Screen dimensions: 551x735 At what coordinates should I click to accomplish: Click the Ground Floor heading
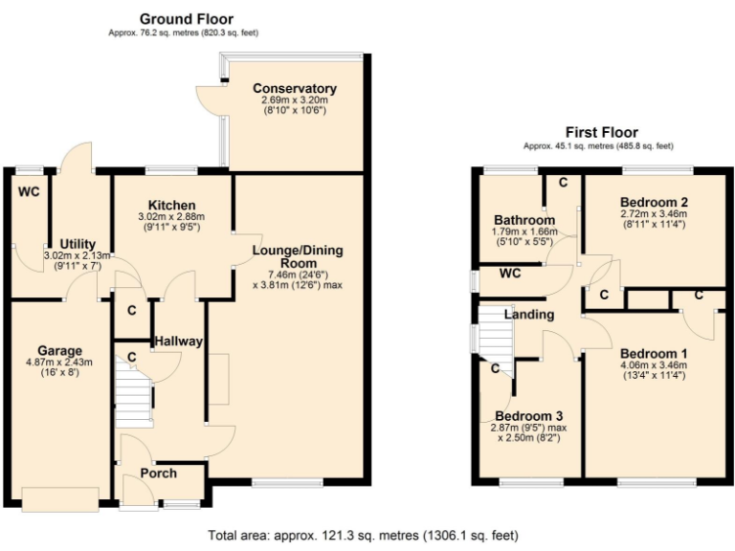click(186, 18)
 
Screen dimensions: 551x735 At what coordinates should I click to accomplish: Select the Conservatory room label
click(295, 89)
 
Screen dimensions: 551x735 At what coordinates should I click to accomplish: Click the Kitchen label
click(172, 206)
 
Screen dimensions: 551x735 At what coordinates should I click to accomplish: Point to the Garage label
click(59, 350)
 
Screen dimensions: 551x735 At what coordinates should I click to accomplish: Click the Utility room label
click(78, 244)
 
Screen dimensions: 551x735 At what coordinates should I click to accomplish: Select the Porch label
click(159, 474)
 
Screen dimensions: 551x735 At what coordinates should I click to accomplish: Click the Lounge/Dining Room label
click(297, 257)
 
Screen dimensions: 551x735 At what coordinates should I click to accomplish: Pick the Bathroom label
click(524, 220)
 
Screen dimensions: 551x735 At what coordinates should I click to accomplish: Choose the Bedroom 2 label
click(654, 202)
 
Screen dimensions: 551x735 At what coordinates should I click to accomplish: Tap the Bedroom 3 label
click(527, 416)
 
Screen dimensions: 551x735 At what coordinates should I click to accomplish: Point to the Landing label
click(529, 315)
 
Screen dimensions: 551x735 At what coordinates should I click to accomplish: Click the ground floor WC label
click(28, 191)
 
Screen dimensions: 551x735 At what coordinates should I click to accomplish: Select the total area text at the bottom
click(367, 535)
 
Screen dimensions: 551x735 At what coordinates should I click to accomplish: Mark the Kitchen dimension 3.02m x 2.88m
click(172, 217)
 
